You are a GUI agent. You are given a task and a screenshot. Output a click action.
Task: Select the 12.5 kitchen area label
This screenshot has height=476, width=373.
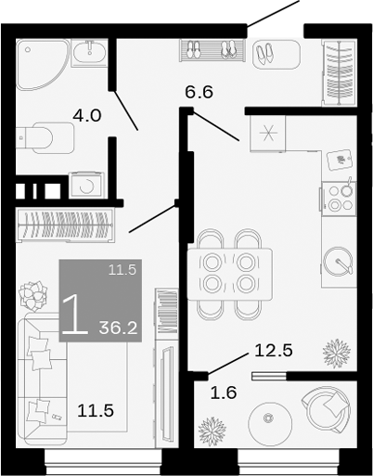[274, 351]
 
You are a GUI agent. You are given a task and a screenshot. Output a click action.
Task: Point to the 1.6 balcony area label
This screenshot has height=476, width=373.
[223, 392]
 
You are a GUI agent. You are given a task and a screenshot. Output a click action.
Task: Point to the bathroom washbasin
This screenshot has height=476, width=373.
[91, 55]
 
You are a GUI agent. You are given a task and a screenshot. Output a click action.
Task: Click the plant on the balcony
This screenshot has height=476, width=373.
[212, 432]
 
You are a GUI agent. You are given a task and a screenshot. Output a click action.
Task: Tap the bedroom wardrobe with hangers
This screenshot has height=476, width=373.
[66, 225]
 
